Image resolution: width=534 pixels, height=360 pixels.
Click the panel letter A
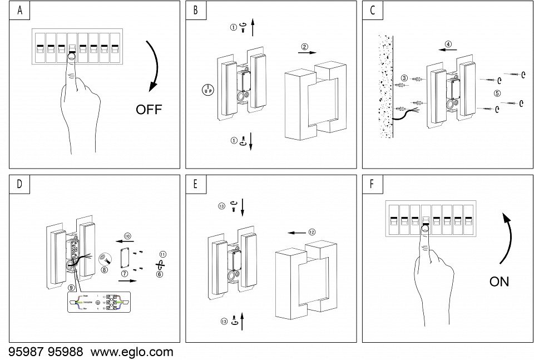pos(20,11)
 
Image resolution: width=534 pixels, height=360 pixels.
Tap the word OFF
pos(149,110)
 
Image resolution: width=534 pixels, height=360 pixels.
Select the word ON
pos(499,282)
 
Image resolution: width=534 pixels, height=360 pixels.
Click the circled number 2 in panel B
pos(304,46)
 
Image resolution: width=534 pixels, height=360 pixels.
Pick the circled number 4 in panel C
pos(448,44)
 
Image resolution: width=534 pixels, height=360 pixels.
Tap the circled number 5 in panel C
pos(497,92)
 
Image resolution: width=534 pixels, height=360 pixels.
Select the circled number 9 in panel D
pos(71,287)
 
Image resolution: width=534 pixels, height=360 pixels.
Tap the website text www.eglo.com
pos(132,352)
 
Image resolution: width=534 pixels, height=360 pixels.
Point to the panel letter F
pos(372,185)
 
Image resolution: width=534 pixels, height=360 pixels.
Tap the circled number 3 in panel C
pos(404,78)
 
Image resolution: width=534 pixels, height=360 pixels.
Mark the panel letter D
pos(20,185)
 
